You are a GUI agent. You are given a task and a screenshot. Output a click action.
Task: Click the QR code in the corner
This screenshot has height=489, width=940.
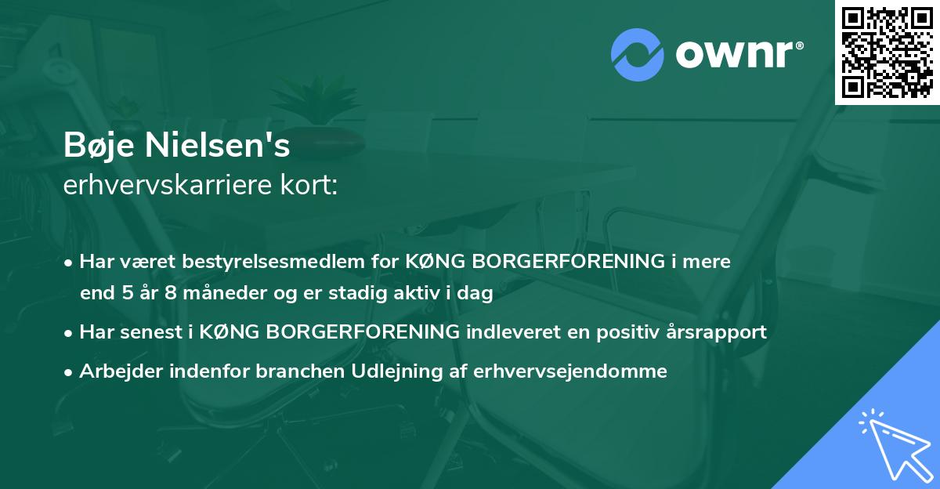pyautogui.click(x=888, y=52)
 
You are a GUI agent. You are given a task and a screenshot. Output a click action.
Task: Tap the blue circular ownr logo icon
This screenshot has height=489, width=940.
pyautogui.click(x=638, y=54)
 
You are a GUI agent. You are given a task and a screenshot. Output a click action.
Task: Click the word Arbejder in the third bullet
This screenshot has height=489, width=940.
pyautogui.click(x=117, y=371)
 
